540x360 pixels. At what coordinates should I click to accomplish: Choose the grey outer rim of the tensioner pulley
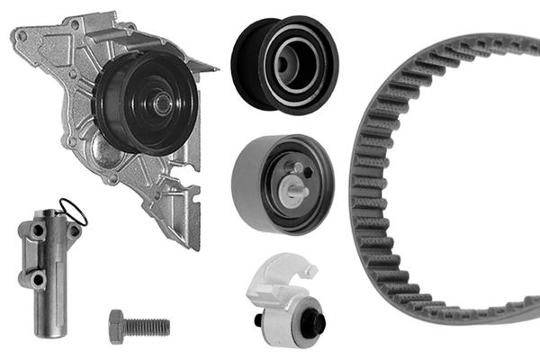247,180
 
